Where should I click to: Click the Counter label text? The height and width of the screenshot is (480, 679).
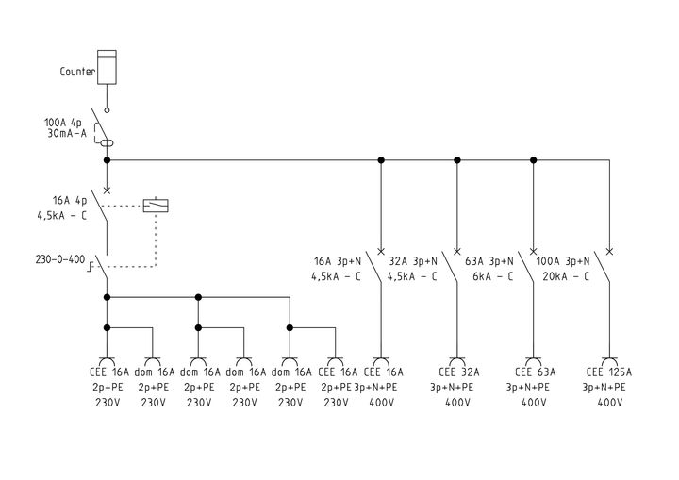tap(78, 71)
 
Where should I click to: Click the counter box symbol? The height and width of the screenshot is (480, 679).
tap(107, 66)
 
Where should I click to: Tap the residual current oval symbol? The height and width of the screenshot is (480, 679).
tap(108, 142)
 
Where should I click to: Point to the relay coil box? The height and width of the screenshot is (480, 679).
tap(155, 205)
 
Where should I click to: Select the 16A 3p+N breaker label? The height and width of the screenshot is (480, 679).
tap(338, 268)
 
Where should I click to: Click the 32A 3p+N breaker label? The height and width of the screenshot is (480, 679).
tap(412, 268)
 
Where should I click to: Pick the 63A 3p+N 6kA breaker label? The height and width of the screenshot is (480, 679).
tap(489, 268)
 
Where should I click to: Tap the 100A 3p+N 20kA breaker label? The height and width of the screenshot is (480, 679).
tap(563, 268)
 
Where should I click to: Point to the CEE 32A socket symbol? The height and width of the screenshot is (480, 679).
tap(457, 360)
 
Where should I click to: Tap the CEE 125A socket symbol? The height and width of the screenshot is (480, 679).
tap(609, 360)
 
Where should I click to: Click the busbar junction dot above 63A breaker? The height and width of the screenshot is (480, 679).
tap(533, 160)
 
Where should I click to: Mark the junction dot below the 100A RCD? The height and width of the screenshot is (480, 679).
tap(107, 160)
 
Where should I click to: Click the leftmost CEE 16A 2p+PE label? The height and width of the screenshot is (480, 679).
tap(107, 387)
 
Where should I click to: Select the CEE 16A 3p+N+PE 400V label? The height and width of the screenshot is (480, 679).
tap(380, 387)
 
